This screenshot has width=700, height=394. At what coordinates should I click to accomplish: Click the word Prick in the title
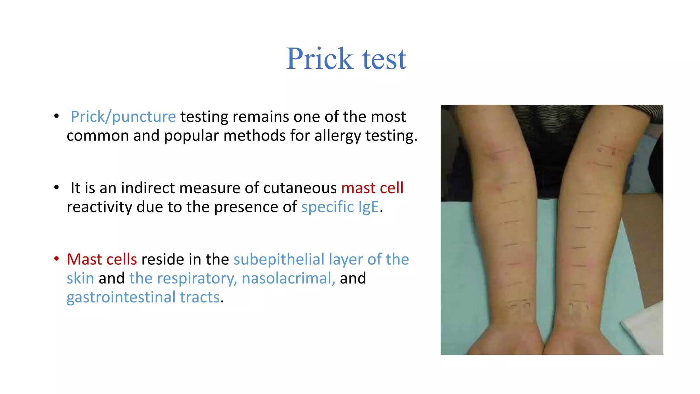click(x=319, y=59)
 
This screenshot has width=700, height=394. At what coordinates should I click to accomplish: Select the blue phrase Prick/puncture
click(x=123, y=117)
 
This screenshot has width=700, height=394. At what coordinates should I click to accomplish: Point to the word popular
click(x=191, y=136)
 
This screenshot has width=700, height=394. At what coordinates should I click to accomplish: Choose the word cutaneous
click(x=300, y=188)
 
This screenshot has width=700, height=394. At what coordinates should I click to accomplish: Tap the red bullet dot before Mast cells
click(x=57, y=259)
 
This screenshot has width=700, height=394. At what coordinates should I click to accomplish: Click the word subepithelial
click(x=279, y=259)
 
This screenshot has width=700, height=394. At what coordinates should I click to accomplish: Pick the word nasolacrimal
click(x=288, y=278)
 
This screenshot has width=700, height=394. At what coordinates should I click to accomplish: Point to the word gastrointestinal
click(x=121, y=297)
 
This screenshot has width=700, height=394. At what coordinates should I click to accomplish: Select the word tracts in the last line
click(x=200, y=297)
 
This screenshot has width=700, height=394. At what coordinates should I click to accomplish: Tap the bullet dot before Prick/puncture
click(x=57, y=116)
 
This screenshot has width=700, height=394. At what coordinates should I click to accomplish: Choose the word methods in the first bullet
click(x=254, y=136)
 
